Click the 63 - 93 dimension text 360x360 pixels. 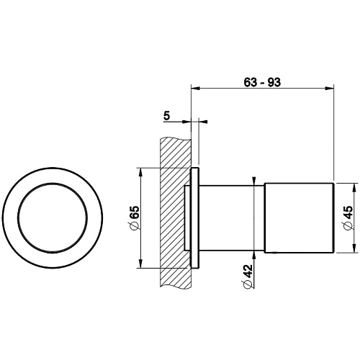[x=262, y=83]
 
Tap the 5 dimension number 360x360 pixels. [x=166, y=116]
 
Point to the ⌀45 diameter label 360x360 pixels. [x=348, y=218]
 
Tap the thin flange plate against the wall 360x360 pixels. [x=195, y=218]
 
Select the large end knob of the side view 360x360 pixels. [x=299, y=218]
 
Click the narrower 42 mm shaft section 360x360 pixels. [x=232, y=218]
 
